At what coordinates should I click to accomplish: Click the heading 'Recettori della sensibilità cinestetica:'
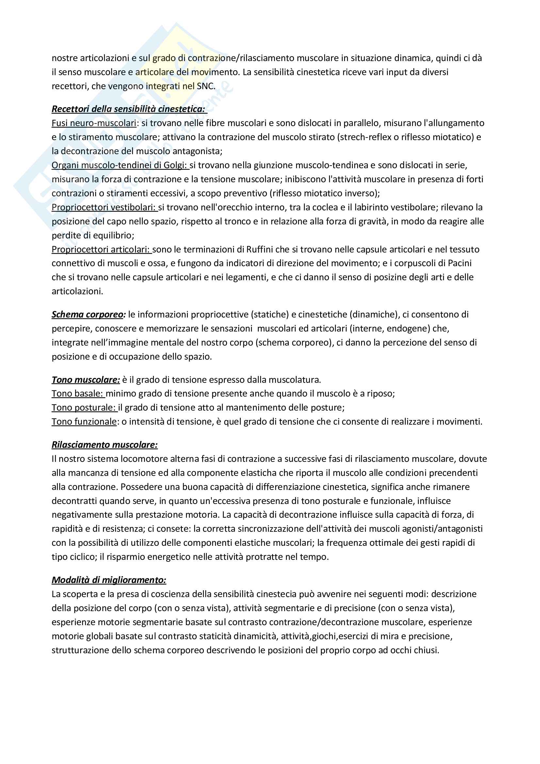[129, 109]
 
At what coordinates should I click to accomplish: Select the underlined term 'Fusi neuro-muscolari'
[94, 123]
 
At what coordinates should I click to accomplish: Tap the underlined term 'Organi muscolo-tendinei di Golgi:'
[120, 165]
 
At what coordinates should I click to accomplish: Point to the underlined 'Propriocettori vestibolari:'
[104, 207]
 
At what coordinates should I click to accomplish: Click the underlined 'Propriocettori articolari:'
[102, 249]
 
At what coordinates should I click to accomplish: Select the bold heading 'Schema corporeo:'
[89, 315]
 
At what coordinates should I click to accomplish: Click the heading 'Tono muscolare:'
[86, 380]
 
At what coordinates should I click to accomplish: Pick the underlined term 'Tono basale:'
[78, 394]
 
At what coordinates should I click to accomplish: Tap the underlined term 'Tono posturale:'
[84, 408]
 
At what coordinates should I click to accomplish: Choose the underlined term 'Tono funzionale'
[84, 422]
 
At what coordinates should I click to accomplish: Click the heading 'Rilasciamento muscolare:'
[105, 445]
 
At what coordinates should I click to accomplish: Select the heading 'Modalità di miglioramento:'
[109, 580]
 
